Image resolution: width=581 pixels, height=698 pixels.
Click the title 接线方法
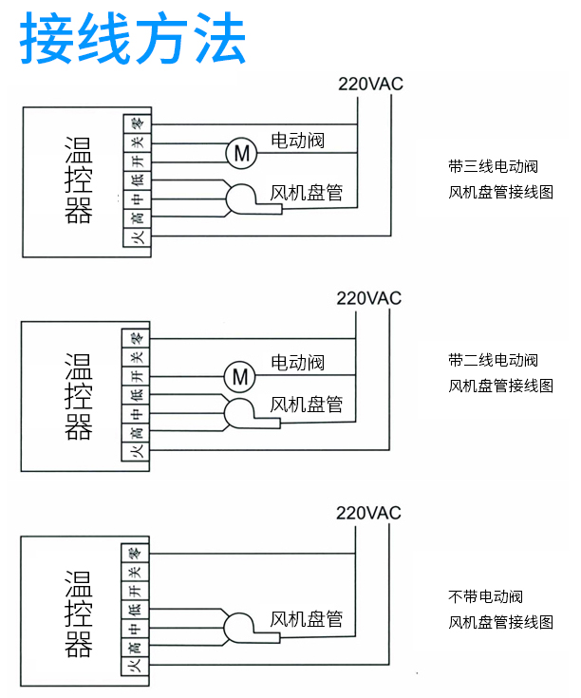click(x=133, y=39)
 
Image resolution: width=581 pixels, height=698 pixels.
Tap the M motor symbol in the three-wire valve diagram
click(x=240, y=151)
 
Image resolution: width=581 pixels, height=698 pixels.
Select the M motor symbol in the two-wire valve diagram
click(x=239, y=377)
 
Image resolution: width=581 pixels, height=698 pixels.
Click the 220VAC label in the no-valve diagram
click(x=369, y=514)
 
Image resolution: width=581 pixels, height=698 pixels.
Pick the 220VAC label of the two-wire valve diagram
click(x=369, y=298)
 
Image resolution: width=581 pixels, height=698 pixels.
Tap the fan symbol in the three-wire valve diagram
click(x=241, y=198)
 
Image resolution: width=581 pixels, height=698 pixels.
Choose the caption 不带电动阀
click(x=485, y=597)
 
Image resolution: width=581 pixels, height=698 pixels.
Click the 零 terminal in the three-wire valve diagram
click(x=137, y=123)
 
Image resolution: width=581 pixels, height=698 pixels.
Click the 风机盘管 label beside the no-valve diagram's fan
click(x=307, y=619)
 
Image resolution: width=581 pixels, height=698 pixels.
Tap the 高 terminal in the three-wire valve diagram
click(x=137, y=219)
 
